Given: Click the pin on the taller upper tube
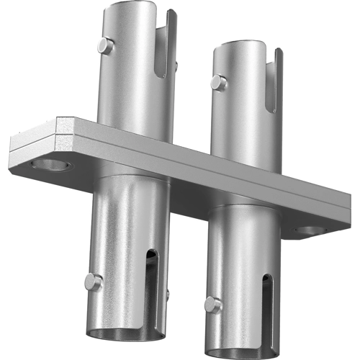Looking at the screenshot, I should (106, 46).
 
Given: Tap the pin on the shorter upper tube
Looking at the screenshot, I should (218, 83).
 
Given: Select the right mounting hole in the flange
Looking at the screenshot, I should (310, 231).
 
